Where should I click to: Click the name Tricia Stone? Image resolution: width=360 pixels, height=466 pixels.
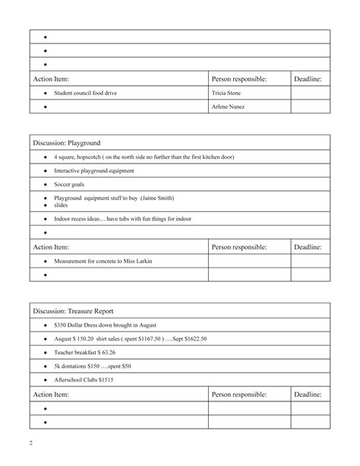coord(226,93)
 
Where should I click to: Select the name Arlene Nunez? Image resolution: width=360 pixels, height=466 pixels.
coord(228,107)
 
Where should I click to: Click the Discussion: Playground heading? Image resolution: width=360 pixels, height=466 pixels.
coord(67,142)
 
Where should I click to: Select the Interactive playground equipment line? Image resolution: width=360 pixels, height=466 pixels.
coord(93,171)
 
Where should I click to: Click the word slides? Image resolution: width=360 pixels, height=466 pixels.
coord(62,205)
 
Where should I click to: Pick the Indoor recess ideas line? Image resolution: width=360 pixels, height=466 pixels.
coord(122,219)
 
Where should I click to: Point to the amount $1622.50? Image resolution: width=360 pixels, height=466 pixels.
coord(191,338)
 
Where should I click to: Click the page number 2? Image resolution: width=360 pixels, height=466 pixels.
coord(30,442)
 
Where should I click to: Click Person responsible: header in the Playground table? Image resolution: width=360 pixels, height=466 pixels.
coord(238,247)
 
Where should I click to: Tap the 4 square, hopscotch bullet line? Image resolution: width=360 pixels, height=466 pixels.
coord(144,157)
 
